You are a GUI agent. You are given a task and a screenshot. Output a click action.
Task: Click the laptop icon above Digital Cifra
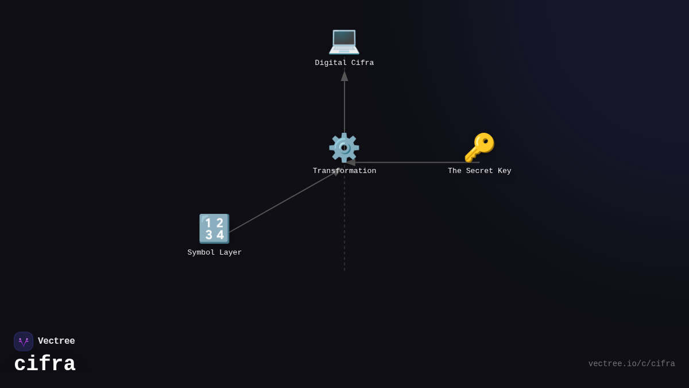[x=344, y=41]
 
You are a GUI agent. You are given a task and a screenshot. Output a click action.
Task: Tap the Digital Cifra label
[x=344, y=63]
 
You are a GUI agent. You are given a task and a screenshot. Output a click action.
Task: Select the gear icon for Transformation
[x=344, y=148]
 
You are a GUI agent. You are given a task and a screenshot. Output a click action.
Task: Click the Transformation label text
[x=344, y=171]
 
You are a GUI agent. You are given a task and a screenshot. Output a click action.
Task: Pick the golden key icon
[x=479, y=148]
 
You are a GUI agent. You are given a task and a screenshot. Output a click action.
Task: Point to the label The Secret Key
[x=479, y=171]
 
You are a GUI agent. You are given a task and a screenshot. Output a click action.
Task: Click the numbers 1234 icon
[x=214, y=229]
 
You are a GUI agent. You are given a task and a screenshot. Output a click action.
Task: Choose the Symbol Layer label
[x=214, y=252]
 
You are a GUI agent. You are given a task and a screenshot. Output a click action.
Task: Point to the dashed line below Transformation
[x=344, y=230]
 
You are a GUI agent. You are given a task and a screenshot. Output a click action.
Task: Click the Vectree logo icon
[x=24, y=341]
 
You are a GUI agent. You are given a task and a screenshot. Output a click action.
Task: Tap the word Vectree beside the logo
[x=56, y=341]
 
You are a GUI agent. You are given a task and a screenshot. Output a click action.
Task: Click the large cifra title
[x=45, y=364]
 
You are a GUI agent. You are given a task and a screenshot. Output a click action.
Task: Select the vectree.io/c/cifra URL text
[x=632, y=364]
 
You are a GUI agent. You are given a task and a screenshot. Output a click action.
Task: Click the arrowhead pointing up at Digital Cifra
[x=344, y=76]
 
